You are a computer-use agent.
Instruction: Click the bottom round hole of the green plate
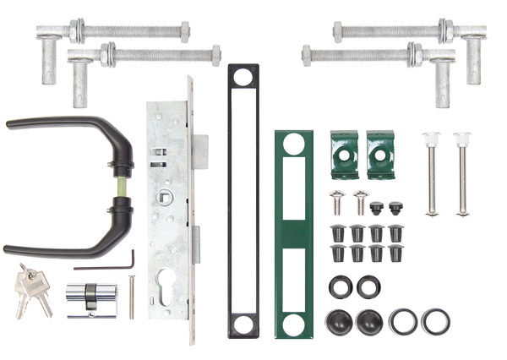click(293, 325)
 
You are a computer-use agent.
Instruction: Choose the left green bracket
click(344, 153)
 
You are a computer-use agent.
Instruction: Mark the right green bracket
click(379, 153)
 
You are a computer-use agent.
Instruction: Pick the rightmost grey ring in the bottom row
click(435, 321)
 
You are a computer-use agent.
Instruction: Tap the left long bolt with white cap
click(432, 174)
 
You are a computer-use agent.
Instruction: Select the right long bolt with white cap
click(462, 174)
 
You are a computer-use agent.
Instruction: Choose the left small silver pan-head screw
click(337, 202)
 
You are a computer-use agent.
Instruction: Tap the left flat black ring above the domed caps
click(340, 286)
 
